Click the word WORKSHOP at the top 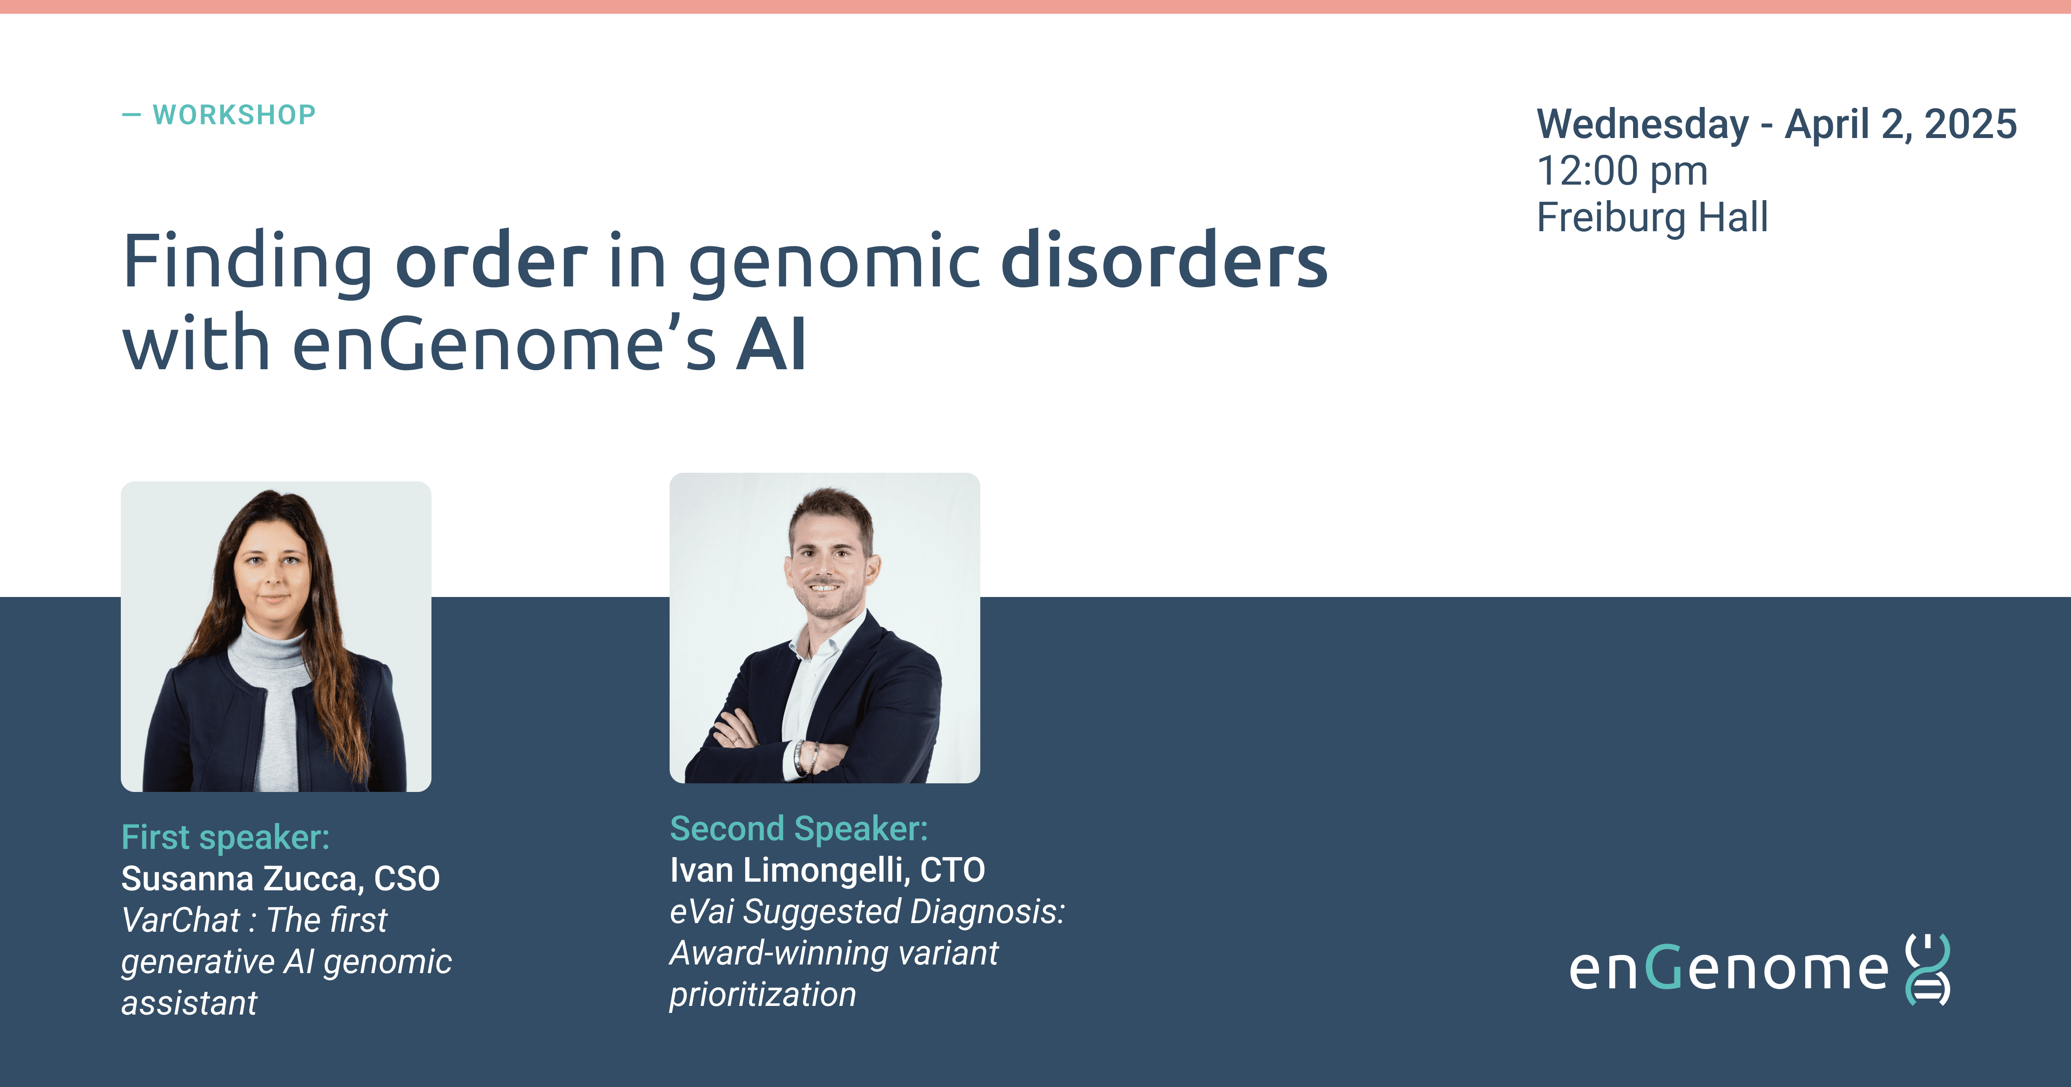[x=234, y=115]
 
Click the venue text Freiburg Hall [x=1652, y=217]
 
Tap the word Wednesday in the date [x=1643, y=125]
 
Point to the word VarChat [x=181, y=920]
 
